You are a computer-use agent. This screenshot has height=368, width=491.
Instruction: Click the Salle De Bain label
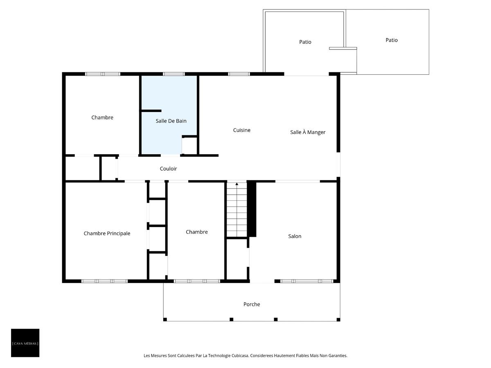pyautogui.click(x=171, y=121)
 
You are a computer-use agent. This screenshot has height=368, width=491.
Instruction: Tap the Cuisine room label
pyautogui.click(x=242, y=130)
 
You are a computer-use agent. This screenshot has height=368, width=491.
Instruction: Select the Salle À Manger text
pyautogui.click(x=308, y=132)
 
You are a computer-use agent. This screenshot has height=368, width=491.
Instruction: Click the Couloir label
pyautogui.click(x=168, y=168)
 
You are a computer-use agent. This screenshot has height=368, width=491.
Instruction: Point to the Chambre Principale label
pyautogui.click(x=107, y=233)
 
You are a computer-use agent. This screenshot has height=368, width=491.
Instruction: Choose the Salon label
pyautogui.click(x=295, y=236)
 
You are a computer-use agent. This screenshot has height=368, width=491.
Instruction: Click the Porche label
pyautogui.click(x=252, y=304)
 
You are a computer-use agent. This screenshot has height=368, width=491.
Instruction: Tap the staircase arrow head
pyautogui.click(x=237, y=184)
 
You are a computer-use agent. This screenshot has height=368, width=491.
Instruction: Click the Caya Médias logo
pyautogui.click(x=25, y=343)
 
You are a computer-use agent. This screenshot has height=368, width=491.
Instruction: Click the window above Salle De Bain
pyautogui.click(x=174, y=74)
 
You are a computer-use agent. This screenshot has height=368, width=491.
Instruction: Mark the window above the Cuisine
pyautogui.click(x=239, y=74)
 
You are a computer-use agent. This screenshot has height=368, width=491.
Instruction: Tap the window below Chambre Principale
pyautogui.click(x=105, y=281)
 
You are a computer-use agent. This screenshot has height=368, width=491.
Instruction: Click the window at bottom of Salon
pyautogui.click(x=308, y=281)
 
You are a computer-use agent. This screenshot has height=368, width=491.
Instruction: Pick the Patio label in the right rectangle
pyautogui.click(x=392, y=40)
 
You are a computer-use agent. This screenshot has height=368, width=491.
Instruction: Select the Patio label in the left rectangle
pyautogui.click(x=305, y=42)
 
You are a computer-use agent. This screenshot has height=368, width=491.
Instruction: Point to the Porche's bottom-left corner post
pyautogui.click(x=165, y=319)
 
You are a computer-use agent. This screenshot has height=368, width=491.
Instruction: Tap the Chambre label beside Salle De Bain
pyautogui.click(x=102, y=117)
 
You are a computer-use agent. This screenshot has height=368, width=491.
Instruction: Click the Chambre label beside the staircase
pyautogui.click(x=197, y=232)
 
